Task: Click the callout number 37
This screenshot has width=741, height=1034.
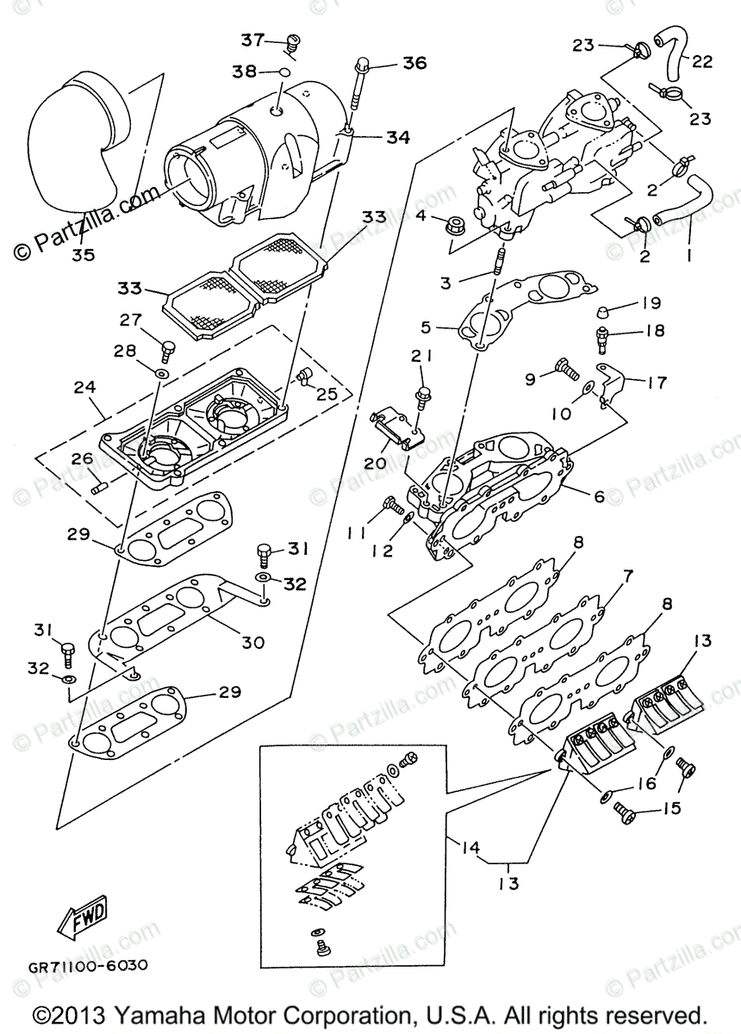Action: click(x=252, y=40)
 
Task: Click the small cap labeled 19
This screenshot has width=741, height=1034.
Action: click(x=607, y=310)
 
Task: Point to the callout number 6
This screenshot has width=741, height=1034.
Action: click(x=598, y=496)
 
